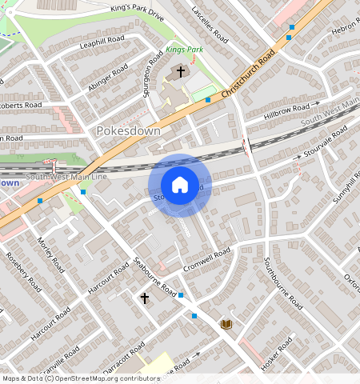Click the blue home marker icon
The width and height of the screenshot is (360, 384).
[180, 185]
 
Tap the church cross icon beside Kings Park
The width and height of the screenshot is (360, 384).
[181, 72]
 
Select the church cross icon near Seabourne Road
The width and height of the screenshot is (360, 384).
[145, 298]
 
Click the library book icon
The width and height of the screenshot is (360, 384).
[226, 323]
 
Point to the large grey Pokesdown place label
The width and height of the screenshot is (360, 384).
[128, 130]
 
